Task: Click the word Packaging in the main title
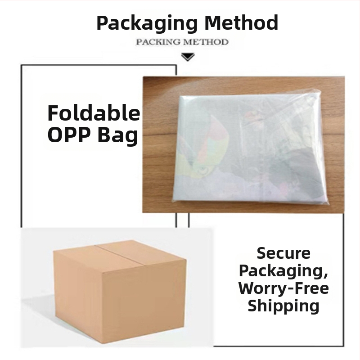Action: coord(147,23)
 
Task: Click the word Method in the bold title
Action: coord(241,22)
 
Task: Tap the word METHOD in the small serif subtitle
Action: coord(206,42)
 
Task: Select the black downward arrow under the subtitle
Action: coord(188,57)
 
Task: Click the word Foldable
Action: coord(94,113)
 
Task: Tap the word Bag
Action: coord(118,135)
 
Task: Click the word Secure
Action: coord(283,253)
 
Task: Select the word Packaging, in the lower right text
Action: coord(283,271)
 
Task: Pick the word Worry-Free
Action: coord(283,288)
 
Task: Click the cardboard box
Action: coord(120,289)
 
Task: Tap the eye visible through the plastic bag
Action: coord(203,170)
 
